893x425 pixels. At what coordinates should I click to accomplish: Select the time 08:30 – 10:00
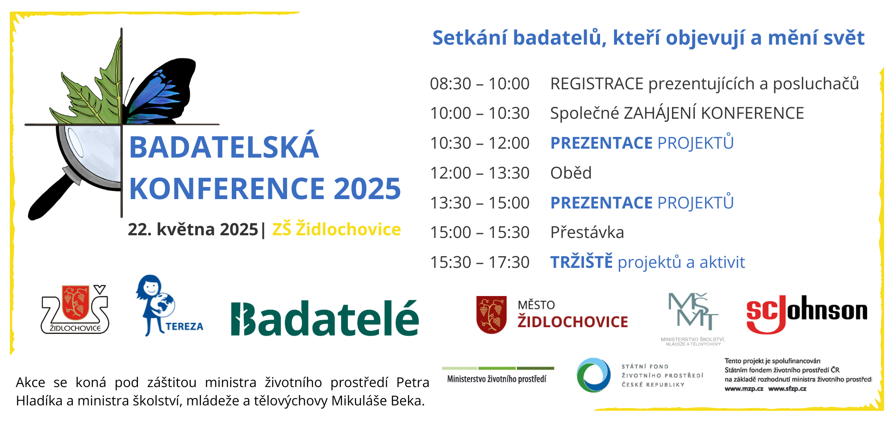click(x=480, y=84)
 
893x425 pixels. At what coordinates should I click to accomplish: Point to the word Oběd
click(x=571, y=173)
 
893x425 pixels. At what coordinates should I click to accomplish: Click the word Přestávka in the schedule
click(x=587, y=233)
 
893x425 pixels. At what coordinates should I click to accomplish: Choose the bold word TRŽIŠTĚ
click(x=581, y=262)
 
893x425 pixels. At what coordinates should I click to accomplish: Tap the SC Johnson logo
click(x=807, y=314)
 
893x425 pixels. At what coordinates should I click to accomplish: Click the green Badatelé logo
click(x=325, y=318)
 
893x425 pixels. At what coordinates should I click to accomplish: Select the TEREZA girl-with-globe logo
click(x=167, y=306)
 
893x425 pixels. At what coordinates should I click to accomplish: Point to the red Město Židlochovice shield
click(x=491, y=314)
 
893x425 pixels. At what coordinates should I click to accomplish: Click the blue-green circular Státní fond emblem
click(x=593, y=375)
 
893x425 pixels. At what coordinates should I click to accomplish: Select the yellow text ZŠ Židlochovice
click(x=336, y=229)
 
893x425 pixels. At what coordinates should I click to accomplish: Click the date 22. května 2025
click(x=193, y=229)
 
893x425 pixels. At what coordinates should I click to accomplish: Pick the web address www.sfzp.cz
click(x=787, y=389)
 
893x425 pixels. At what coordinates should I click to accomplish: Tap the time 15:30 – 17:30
click(x=480, y=262)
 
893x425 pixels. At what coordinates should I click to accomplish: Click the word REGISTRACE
click(x=597, y=84)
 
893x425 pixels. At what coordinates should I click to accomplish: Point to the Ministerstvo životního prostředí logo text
click(x=497, y=379)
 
